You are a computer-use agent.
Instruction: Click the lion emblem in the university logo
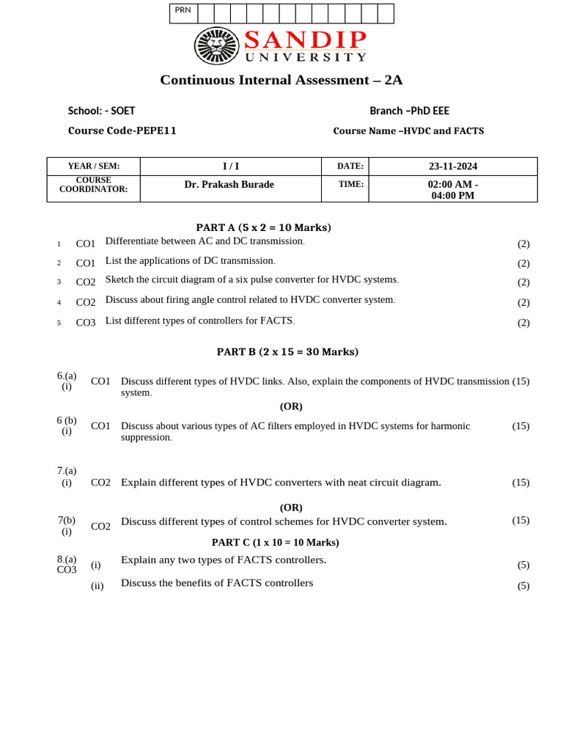[x=216, y=45]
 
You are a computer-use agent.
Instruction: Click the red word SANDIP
[x=305, y=40]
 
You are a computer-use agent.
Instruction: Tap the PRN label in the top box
[x=183, y=10]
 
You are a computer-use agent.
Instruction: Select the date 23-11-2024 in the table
[x=453, y=166]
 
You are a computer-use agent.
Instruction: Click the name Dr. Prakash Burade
[x=229, y=184]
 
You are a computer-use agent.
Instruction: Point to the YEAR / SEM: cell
[x=93, y=166]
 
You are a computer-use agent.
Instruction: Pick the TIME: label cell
[x=350, y=184]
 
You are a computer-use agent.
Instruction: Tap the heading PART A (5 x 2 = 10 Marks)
[x=263, y=227]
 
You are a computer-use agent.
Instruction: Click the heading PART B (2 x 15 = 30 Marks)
[x=287, y=351]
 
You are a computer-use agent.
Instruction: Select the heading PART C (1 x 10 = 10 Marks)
[x=275, y=542]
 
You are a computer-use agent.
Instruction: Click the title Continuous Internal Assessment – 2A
[x=281, y=80]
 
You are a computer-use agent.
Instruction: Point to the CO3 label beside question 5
[x=86, y=323]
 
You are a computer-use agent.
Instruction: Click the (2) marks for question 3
[x=523, y=282]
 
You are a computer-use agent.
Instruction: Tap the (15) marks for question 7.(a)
[x=520, y=483]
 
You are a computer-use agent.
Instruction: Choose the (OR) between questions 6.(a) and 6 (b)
[x=291, y=406]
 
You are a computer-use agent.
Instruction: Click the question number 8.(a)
[x=67, y=559]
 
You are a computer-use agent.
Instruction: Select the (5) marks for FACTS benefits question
[x=523, y=586]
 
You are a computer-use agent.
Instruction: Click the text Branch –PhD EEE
[x=409, y=111]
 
